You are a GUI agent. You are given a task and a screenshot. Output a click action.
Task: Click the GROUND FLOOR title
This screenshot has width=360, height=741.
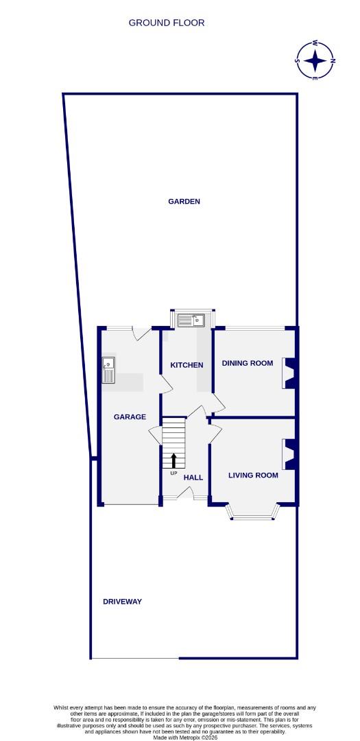point(167,23)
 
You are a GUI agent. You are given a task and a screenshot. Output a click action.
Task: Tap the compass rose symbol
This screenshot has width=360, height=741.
point(315,60)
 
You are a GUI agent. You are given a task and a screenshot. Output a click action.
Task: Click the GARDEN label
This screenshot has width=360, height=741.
point(184,202)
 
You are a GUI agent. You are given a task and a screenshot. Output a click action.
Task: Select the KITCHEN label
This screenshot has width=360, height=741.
point(187,365)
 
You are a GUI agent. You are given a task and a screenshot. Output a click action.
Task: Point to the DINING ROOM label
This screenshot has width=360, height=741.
point(247,363)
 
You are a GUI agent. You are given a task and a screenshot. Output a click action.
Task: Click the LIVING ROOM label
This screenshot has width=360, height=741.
point(253,475)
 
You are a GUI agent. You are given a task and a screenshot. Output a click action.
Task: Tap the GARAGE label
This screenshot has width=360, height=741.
point(130,416)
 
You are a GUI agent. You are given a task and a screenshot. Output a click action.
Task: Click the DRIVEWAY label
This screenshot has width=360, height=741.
point(122,602)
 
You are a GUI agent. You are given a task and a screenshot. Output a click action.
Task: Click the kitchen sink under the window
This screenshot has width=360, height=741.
point(191,320)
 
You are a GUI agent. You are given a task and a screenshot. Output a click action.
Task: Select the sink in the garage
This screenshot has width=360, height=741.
point(108,370)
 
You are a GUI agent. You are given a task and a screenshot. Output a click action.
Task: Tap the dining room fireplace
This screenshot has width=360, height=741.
point(289,374)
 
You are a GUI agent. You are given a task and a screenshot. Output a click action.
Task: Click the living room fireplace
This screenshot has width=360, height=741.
point(289,454)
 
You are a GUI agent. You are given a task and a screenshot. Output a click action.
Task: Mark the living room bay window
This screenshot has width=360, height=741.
point(253,511)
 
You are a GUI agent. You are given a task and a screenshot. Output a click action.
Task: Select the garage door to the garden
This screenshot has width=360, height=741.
point(142,333)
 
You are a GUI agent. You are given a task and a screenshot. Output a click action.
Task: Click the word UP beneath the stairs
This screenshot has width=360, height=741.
point(173,473)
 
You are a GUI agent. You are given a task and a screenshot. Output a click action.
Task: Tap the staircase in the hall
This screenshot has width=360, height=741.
point(173,443)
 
